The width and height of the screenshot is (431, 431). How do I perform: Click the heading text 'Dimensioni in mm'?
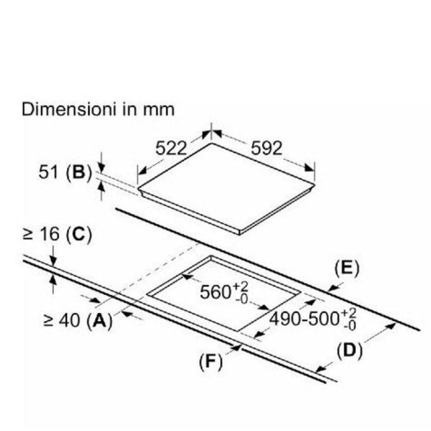tap(98, 109)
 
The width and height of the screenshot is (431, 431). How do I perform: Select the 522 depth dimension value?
tap(171, 148)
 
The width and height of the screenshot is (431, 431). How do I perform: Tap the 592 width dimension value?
tap(267, 148)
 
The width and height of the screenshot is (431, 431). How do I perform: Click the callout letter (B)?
tap(78, 173)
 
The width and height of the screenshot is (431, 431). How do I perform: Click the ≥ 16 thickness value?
tap(41, 234)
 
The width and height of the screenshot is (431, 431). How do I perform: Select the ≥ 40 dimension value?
tap(62, 320)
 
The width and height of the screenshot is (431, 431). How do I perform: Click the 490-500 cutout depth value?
tap(305, 319)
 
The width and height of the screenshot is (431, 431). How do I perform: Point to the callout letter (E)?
tap(347, 268)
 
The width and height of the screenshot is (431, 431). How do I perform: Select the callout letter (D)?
tap(350, 351)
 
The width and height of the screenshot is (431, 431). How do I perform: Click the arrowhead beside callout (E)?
tap(334, 288)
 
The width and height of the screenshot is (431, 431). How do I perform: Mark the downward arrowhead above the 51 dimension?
tap(101, 167)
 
